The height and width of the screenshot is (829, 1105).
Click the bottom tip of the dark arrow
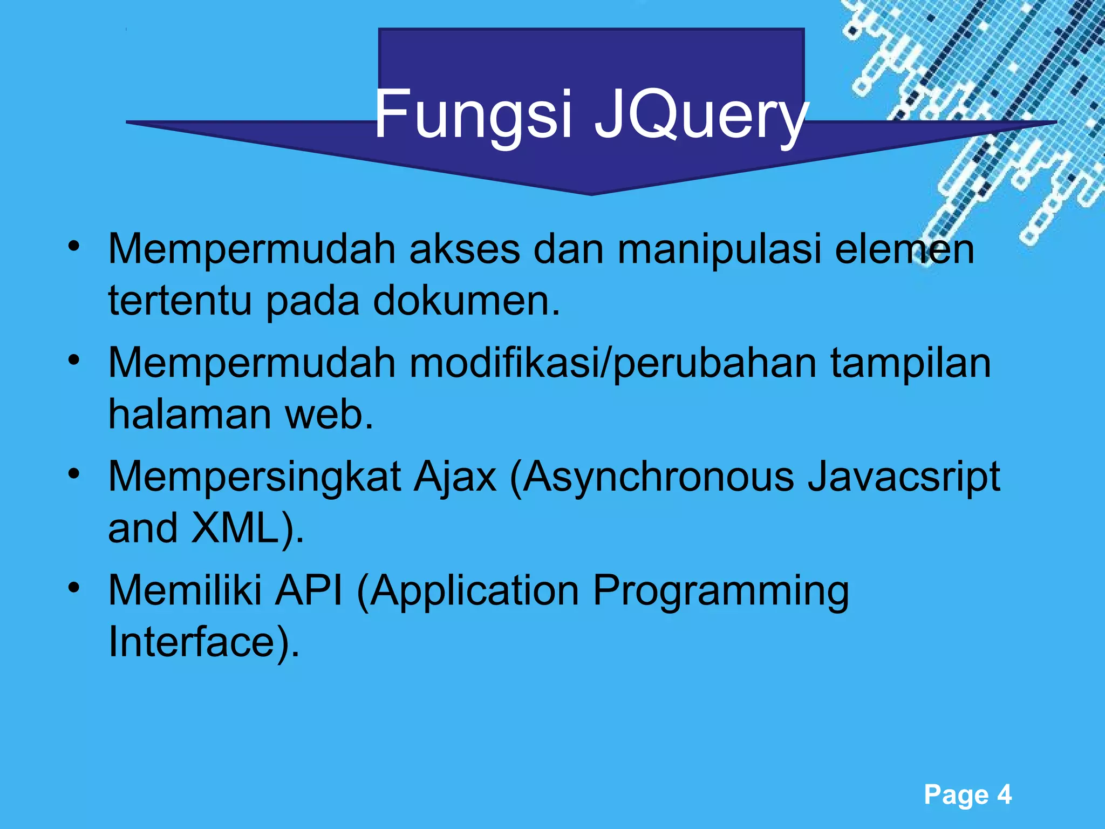tap(591, 193)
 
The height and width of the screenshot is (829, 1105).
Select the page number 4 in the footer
tap(1004, 794)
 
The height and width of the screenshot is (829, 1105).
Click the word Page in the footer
tap(956, 795)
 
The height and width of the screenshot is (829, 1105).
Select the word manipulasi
tap(719, 249)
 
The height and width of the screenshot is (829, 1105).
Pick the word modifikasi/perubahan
tap(613, 363)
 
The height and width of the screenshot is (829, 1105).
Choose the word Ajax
tap(455, 477)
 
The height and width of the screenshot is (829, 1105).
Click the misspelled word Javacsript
tap(904, 477)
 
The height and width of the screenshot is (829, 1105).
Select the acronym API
tap(309, 590)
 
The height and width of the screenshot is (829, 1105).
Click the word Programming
tap(721, 592)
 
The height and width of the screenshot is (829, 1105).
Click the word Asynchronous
tap(658, 477)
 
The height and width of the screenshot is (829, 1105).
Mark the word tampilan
tap(910, 363)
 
